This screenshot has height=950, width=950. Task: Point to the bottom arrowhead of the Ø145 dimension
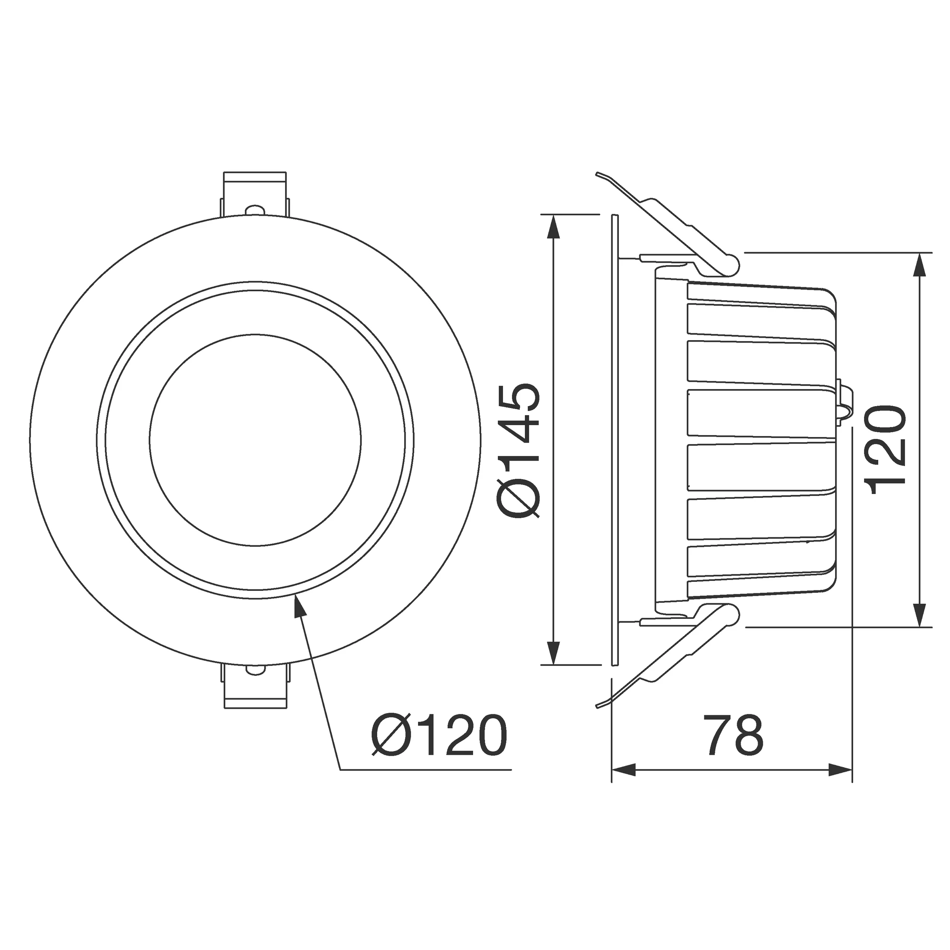[x=554, y=653]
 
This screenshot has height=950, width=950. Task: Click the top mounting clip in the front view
[x=255, y=194]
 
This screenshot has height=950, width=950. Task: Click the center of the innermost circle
[x=255, y=440]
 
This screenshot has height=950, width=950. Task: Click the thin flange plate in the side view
[x=615, y=440]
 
